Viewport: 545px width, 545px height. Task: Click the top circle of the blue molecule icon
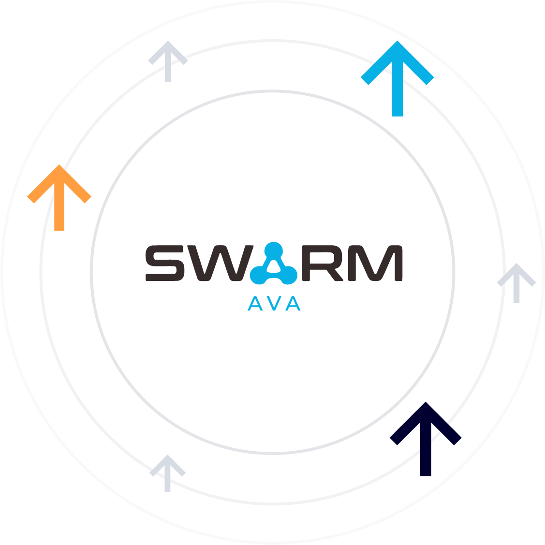(274, 250)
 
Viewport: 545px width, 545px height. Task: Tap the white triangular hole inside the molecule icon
(274, 266)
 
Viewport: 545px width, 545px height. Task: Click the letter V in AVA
(274, 304)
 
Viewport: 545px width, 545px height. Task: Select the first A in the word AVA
(254, 304)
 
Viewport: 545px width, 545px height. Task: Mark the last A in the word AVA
(294, 304)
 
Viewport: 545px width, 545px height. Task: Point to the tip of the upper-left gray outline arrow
(168, 42)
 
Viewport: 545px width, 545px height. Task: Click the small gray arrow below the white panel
(166, 471)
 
